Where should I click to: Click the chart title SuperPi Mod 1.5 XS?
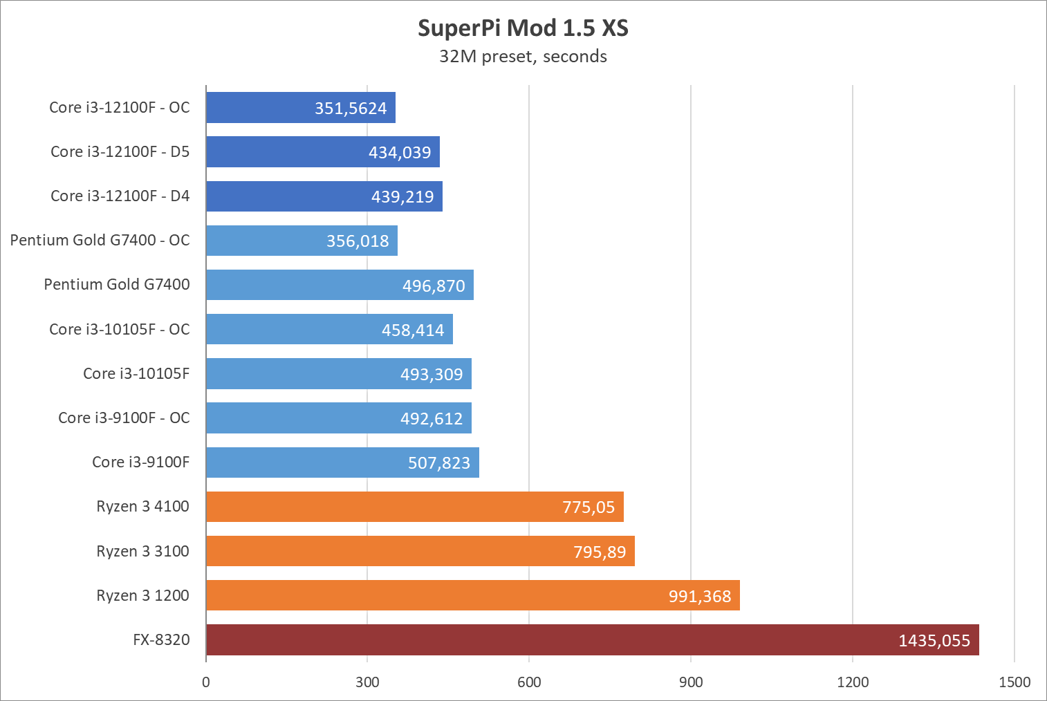tap(523, 28)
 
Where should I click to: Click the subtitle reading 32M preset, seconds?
tap(523, 57)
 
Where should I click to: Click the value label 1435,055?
tap(934, 641)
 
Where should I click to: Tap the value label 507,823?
tap(439, 463)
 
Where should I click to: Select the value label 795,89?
tap(600, 552)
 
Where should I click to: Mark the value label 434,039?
tap(400, 153)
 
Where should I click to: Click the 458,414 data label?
tap(413, 330)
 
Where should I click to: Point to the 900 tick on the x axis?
tap(691, 682)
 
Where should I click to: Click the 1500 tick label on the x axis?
tap(1014, 682)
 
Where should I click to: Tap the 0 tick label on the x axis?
tap(206, 682)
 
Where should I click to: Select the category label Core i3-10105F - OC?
tap(120, 329)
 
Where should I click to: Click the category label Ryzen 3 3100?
tap(142, 551)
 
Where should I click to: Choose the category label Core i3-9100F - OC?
tap(124, 418)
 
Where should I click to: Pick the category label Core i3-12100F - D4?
tap(120, 196)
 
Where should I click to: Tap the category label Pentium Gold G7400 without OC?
tap(117, 284)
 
